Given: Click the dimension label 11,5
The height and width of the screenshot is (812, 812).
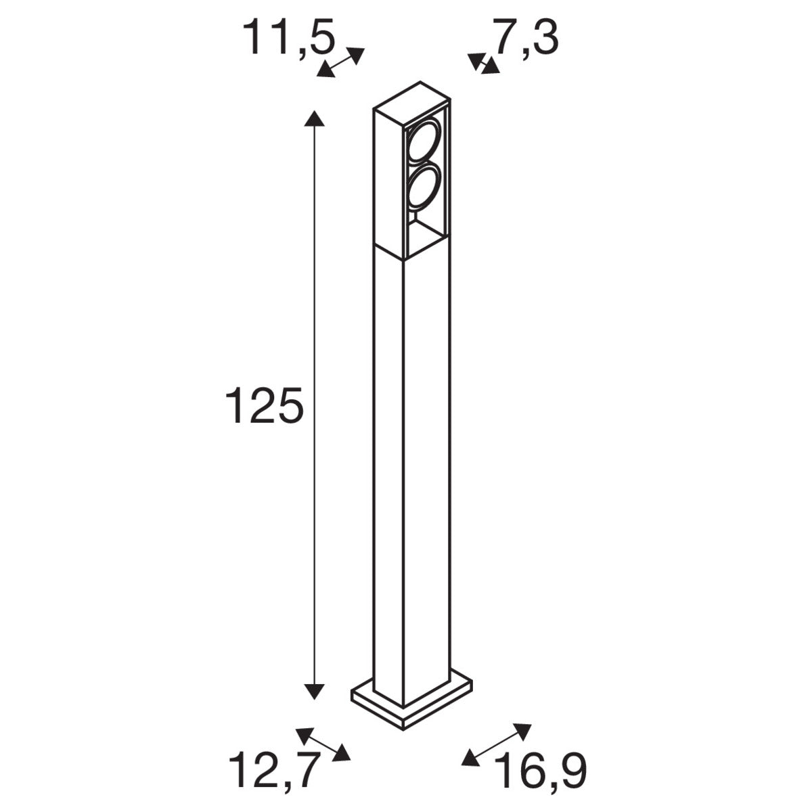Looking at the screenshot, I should (290, 37).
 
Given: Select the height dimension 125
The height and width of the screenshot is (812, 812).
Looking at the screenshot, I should (264, 405).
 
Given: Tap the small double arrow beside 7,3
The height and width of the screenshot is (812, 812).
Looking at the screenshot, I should (483, 64).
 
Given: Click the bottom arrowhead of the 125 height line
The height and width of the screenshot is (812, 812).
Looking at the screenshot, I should (313, 690).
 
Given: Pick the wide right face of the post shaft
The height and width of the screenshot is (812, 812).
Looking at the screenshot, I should (426, 474).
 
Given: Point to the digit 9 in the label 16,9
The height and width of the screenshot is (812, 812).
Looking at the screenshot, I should (571, 771).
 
